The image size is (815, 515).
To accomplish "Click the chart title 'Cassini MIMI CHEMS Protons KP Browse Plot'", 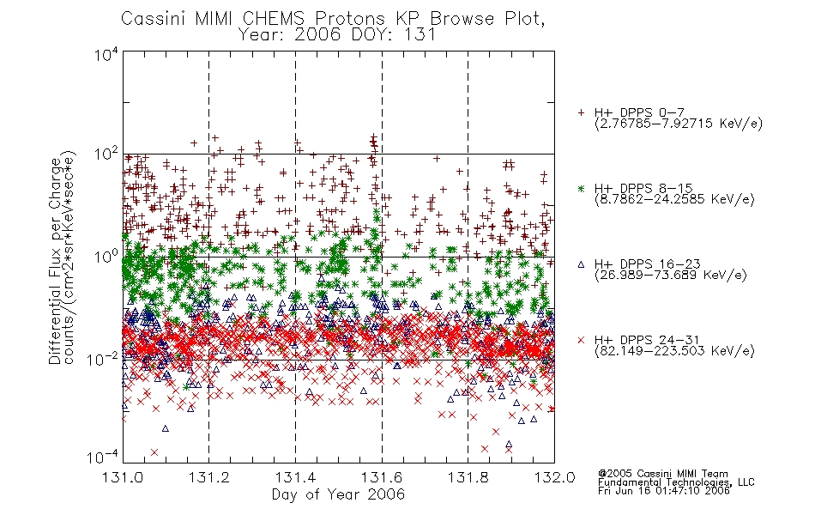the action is coord(333,19).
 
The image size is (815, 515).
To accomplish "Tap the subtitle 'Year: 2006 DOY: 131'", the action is coord(336,35).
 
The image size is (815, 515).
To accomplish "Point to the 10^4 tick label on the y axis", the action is coord(106,54).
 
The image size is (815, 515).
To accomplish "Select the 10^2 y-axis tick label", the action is coord(106,154).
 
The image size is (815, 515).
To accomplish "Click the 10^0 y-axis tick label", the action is coord(106,257).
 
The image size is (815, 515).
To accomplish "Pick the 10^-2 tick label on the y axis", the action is coord(103,359).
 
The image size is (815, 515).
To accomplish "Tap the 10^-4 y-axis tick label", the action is coord(103,457).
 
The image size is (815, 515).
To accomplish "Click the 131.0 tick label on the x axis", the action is coord(124,477).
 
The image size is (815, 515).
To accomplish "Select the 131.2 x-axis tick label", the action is coord(209,477).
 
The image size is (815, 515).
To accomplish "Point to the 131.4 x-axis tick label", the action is coord(295,477).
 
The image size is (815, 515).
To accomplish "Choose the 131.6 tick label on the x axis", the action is coord(382,477).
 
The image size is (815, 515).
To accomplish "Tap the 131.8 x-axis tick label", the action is coord(468,477).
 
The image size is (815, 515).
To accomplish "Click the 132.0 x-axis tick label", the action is coord(554,477).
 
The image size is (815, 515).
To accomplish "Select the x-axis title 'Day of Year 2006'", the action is coord(338,494).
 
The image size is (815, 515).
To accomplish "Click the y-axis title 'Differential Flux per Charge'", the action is coord(55,261).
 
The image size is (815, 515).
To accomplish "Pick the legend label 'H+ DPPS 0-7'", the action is coord(639,112).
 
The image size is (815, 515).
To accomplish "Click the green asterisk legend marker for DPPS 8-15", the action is coord(581,189).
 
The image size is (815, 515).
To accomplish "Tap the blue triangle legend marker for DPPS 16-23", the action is coord(581,264).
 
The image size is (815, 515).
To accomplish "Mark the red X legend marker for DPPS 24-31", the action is coord(581,340).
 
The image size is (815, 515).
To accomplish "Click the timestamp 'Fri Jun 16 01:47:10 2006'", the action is coord(664,491).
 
